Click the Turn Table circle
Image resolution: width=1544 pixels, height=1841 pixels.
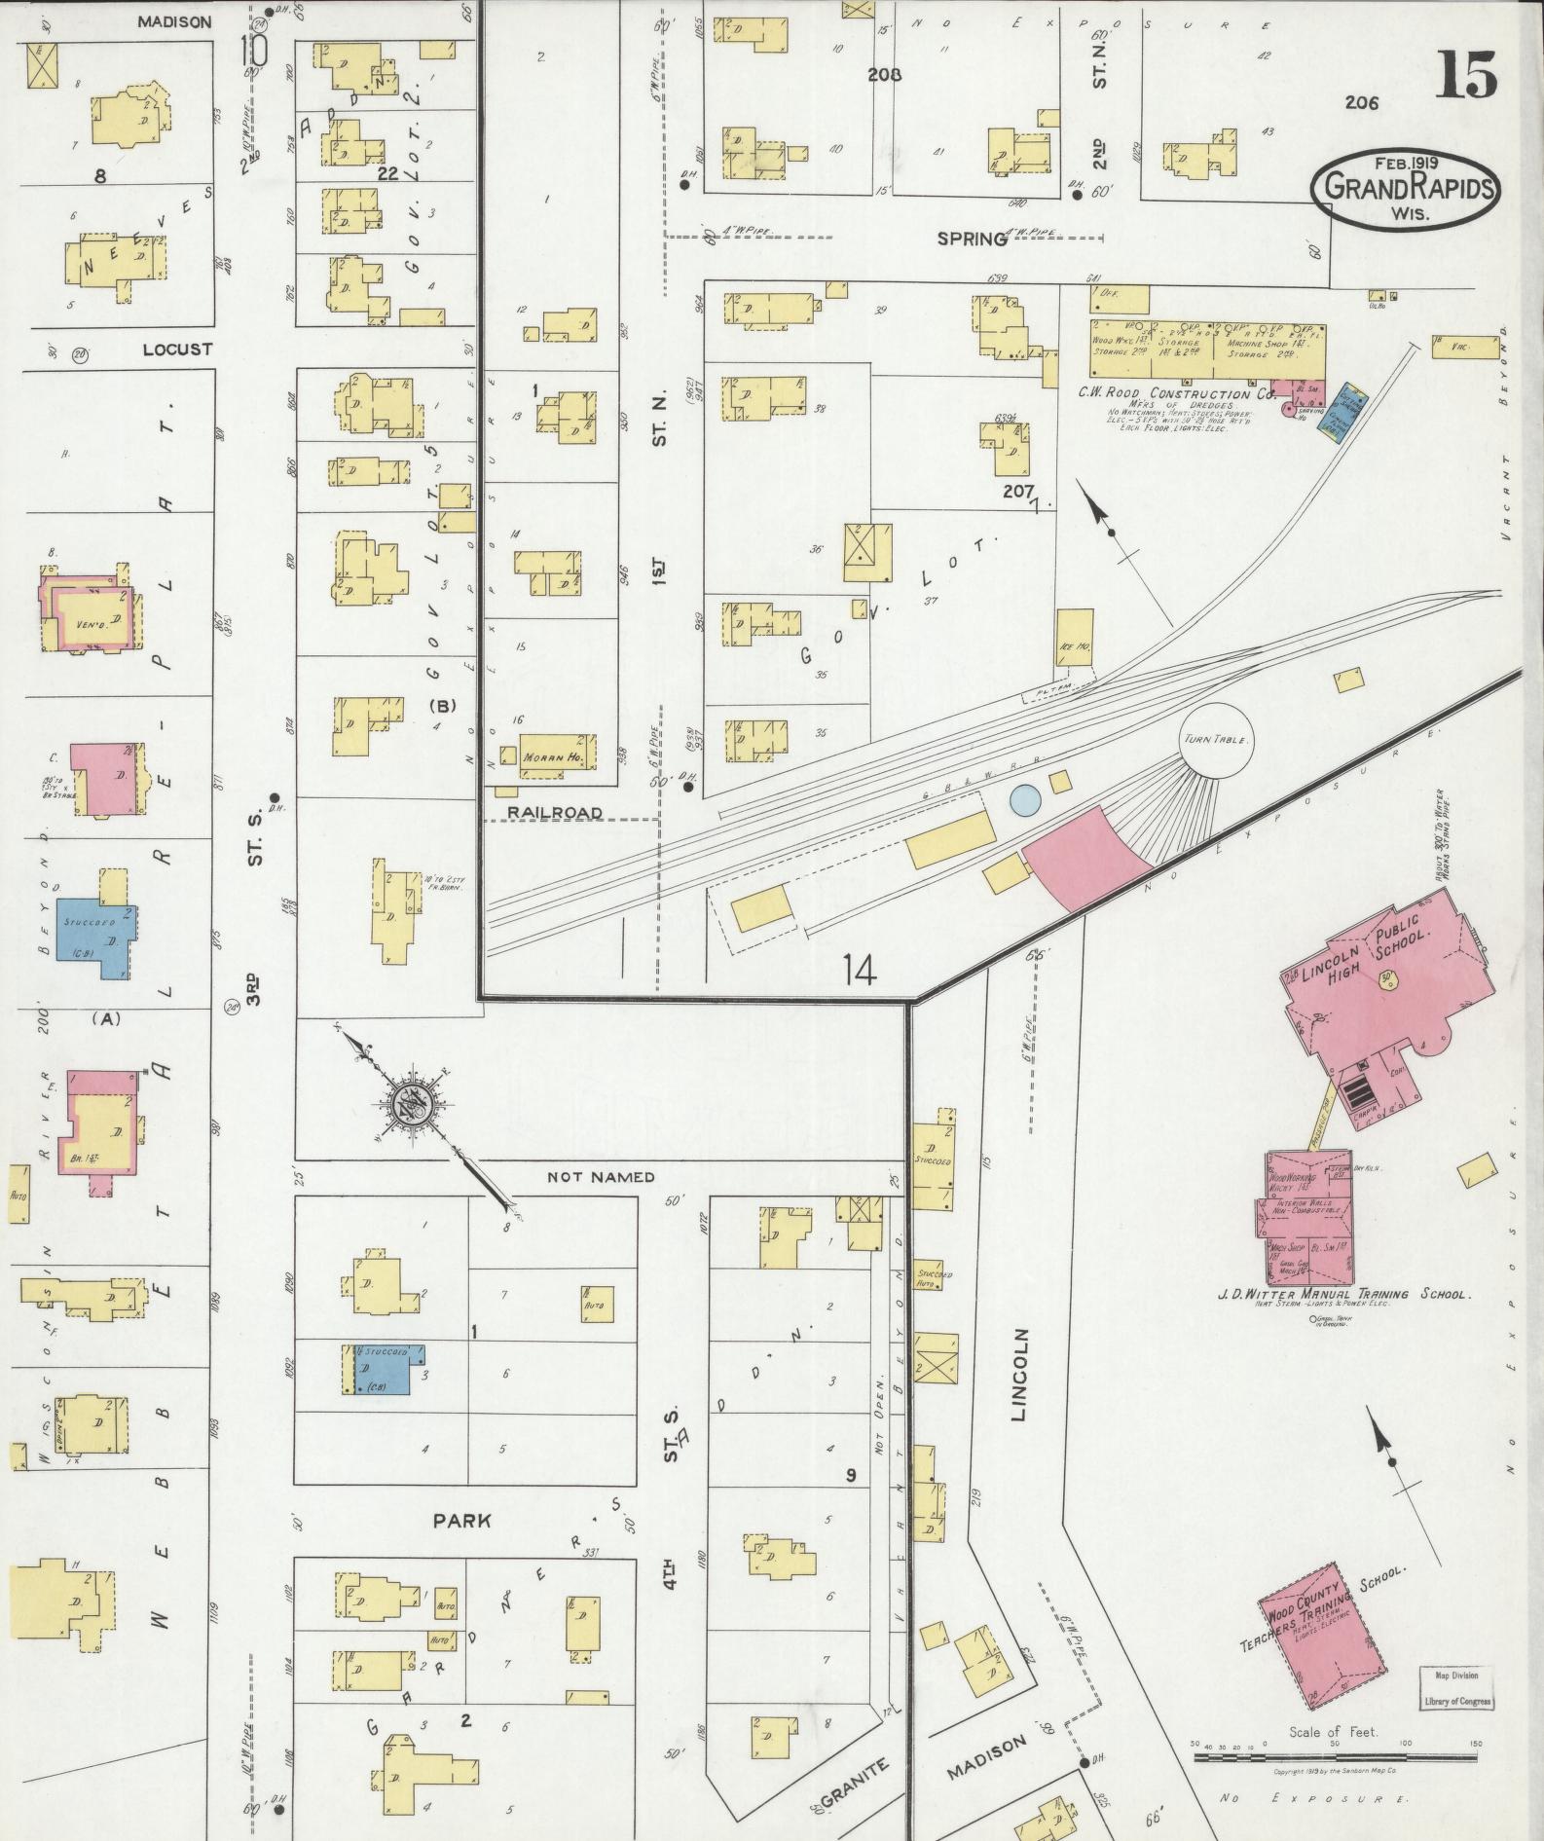click(1215, 740)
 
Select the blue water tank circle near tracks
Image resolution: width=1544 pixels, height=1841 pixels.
click(1024, 800)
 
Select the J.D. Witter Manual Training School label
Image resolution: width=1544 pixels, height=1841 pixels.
click(1343, 1295)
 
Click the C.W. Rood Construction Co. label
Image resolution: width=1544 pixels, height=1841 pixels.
click(1175, 394)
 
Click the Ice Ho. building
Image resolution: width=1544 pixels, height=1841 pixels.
click(1075, 638)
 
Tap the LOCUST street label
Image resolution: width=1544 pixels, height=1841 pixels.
click(177, 349)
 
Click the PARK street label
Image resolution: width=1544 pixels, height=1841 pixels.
click(462, 1521)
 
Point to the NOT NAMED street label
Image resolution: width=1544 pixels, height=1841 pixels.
click(601, 1176)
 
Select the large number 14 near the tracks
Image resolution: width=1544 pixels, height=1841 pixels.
click(860, 969)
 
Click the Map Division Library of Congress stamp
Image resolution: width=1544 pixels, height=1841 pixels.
click(1455, 1688)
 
